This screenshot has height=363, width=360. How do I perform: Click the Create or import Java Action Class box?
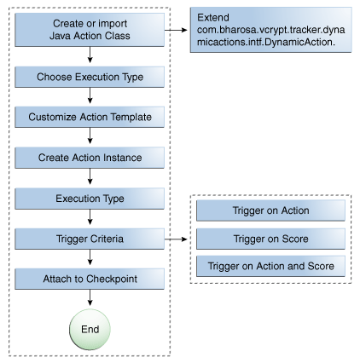tap(89, 32)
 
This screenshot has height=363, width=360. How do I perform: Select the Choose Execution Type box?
tap(89, 78)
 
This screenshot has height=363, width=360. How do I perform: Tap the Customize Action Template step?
tap(89, 118)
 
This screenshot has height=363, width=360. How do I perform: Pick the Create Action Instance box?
tap(89, 158)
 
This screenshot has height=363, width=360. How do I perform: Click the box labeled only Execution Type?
tap(89, 198)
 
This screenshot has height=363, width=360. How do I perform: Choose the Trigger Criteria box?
tap(89, 239)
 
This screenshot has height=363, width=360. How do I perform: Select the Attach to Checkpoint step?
tap(89, 279)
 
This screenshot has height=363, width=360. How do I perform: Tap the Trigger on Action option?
tap(270, 210)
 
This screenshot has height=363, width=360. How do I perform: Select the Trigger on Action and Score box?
tap(270, 266)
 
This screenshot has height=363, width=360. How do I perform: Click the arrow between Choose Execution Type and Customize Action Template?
tap(89, 97)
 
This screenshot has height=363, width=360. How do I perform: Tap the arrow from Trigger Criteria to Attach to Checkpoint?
tap(89, 258)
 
